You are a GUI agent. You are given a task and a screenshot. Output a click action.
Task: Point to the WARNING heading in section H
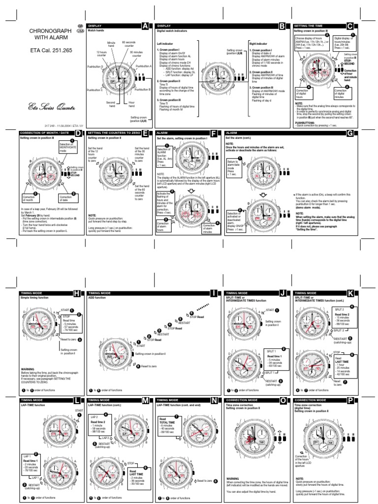28,368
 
